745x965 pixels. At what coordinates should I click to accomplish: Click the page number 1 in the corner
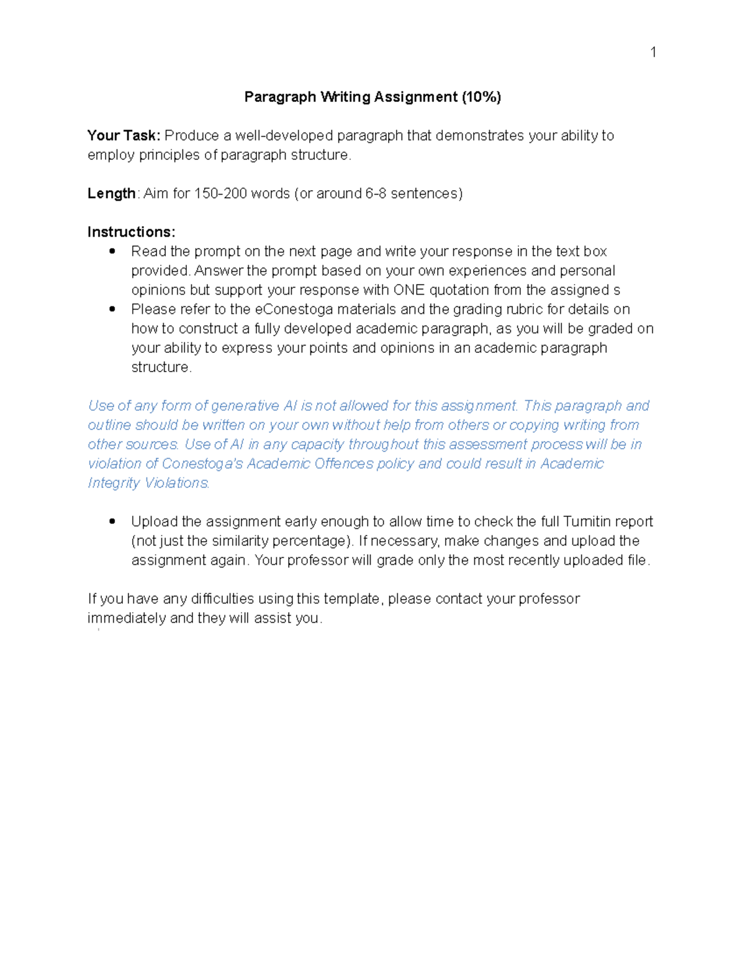653,52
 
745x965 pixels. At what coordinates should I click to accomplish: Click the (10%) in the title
481,97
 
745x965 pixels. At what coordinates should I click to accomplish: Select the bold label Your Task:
124,135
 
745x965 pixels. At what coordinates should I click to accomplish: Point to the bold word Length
111,193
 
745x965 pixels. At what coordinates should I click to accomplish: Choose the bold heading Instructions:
131,232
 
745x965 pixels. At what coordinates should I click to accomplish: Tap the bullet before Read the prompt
112,251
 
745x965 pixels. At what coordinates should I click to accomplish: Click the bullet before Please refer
112,309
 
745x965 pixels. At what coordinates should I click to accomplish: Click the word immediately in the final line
127,618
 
